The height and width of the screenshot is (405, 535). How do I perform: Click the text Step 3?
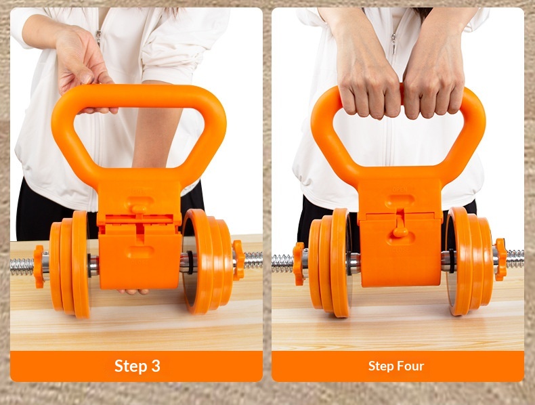click(137, 366)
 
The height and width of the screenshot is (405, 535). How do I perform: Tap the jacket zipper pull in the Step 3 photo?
click(99, 37)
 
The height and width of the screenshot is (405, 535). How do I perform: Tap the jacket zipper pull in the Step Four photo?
click(393, 43)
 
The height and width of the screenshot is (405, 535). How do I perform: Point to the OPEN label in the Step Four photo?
click(400, 190)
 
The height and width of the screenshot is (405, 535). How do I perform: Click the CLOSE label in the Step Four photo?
click(400, 250)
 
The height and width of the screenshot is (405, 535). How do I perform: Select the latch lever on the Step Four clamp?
click(400, 226)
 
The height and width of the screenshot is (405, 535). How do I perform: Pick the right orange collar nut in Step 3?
click(238, 260)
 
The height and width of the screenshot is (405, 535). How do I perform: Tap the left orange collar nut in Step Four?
click(299, 263)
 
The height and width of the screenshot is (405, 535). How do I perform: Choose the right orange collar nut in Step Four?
click(501, 259)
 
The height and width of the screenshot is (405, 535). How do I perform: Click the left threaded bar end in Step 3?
click(22, 267)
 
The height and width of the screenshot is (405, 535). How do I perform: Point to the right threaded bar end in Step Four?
click(515, 259)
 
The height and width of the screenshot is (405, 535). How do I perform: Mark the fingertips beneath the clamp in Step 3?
click(133, 292)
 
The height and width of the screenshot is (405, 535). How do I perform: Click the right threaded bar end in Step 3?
click(253, 260)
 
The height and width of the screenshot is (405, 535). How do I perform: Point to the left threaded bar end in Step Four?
click(282, 263)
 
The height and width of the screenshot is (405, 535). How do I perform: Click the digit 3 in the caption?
click(156, 366)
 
